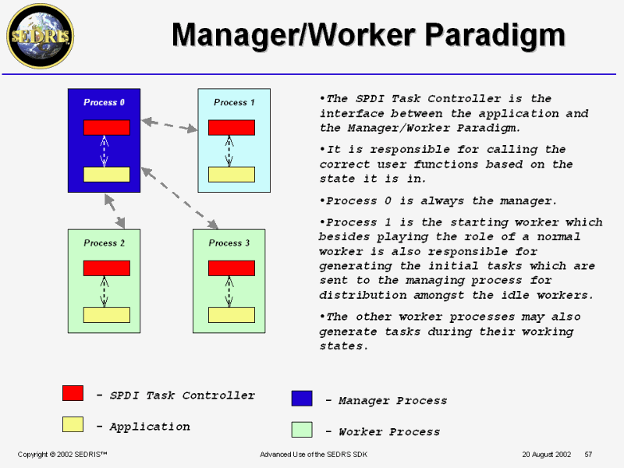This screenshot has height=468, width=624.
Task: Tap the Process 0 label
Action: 104,103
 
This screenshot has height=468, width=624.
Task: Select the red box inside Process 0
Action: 106,128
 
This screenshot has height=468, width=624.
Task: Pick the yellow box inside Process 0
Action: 106,174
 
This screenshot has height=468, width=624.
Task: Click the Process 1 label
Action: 234,103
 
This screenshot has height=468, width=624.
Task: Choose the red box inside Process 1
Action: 231,128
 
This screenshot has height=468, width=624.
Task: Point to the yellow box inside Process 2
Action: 106,315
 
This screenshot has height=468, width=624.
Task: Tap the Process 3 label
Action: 229,243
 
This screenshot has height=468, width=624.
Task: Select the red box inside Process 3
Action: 231,268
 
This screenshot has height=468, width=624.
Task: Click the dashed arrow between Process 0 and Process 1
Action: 169,124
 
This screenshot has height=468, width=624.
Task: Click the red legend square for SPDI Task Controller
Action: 73,393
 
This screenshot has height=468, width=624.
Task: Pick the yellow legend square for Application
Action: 73,424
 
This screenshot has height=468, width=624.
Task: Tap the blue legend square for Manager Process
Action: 302,399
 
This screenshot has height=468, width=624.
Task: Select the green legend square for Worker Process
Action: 302,430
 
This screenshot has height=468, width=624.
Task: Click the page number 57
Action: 588,454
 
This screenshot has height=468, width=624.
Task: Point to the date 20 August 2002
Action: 547,454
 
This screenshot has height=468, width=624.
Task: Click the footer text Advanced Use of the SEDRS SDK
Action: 313,454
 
